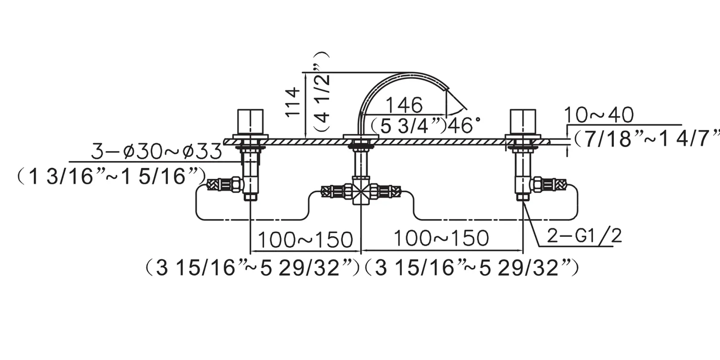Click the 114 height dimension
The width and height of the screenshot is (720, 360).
[x=293, y=102]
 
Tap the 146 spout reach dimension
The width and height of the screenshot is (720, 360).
[x=404, y=105]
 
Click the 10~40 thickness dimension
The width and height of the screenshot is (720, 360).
[x=599, y=115]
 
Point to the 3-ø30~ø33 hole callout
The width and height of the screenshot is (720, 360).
[x=156, y=151]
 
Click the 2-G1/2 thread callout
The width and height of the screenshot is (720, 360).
[x=585, y=236]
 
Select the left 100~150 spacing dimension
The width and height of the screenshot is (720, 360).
[x=305, y=239]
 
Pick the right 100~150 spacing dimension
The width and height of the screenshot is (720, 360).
[x=441, y=238]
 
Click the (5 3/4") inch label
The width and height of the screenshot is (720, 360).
[x=409, y=126]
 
